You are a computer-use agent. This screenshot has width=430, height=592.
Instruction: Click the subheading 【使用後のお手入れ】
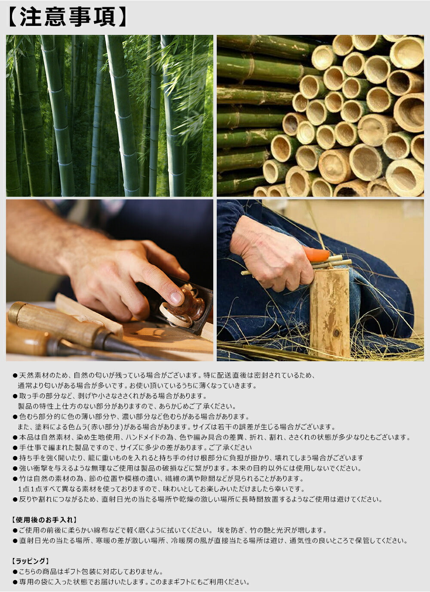44,520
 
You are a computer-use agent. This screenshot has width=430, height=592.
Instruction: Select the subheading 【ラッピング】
31,561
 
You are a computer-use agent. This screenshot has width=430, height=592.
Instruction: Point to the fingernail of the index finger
176,297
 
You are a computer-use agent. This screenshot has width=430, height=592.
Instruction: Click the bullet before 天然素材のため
15,375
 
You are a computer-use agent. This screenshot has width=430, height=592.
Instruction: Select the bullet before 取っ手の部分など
15,396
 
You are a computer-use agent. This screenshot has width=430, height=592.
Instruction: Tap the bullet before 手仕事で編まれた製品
15,448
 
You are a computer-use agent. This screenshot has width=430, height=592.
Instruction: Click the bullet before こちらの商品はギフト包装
15,572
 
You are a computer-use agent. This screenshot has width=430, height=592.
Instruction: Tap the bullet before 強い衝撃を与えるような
15,468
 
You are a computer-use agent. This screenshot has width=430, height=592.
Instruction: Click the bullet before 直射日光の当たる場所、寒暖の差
15,541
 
